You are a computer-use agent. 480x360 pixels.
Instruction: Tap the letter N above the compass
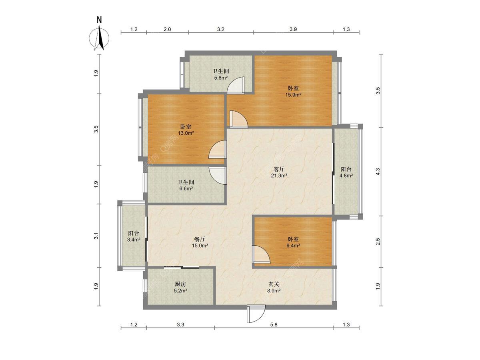coord(99,20)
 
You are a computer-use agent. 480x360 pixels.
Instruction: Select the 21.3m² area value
coord(279,175)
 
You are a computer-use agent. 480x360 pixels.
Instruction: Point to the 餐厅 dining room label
coord(200,239)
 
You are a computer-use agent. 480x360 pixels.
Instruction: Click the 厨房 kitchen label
coord(180,284)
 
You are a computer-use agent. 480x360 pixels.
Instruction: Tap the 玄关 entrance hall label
coord(274,284)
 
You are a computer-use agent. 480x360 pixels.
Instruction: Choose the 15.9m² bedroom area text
coord(293,95)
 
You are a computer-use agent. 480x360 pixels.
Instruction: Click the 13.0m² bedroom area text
coord(186,133)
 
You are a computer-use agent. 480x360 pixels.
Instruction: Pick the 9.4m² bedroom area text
coord(293,246)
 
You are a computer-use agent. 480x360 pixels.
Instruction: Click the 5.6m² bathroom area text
coord(221,78)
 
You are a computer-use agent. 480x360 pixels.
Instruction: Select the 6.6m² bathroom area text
coord(186,188)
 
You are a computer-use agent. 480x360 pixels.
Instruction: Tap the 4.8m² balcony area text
coord(346,175)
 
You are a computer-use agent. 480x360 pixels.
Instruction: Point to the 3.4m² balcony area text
coord(134,240)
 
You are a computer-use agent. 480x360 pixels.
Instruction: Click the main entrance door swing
coord(256,314)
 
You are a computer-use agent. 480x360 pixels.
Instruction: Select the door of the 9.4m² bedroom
coord(261,254)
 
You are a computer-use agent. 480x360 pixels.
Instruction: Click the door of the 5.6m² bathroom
coord(236,86)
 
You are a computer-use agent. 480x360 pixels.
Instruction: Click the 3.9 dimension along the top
coord(293,29)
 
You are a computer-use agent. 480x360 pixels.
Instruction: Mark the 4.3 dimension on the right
coord(378,171)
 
